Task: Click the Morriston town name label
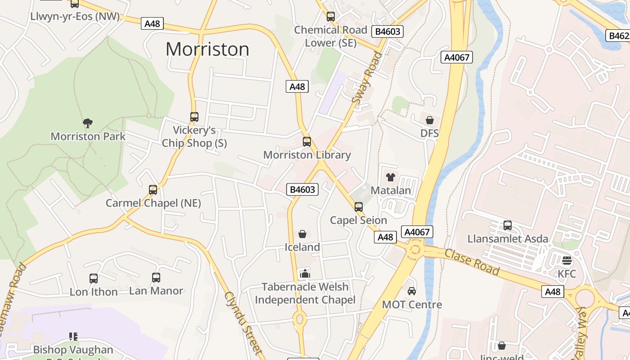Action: pyautogui.click(x=207, y=49)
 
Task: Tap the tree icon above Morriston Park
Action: pyautogui.click(x=88, y=123)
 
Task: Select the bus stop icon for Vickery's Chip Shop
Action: pyautogui.click(x=194, y=117)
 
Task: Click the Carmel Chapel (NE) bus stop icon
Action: pyautogui.click(x=153, y=189)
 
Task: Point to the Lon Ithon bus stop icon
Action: pyautogui.click(x=94, y=278)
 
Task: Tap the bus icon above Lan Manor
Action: pyautogui.click(x=156, y=277)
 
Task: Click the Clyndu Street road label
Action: pyautogui.click(x=243, y=323)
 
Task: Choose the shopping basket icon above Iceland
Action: pyautogui.click(x=302, y=234)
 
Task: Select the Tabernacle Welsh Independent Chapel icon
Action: pyautogui.click(x=305, y=273)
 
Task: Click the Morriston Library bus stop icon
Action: pyautogui.click(x=307, y=142)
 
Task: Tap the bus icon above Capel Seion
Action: pyautogui.click(x=359, y=207)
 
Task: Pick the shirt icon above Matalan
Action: pyautogui.click(x=390, y=177)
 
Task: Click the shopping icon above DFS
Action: pyautogui.click(x=430, y=120)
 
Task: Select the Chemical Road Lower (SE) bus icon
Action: pyautogui.click(x=331, y=17)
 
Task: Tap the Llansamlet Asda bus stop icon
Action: pyautogui.click(x=508, y=225)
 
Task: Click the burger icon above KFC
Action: pyautogui.click(x=567, y=261)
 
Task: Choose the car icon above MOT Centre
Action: pyautogui.click(x=411, y=291)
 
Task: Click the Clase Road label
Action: pyautogui.click(x=472, y=261)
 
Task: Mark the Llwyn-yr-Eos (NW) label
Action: pyautogui.click(x=75, y=17)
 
